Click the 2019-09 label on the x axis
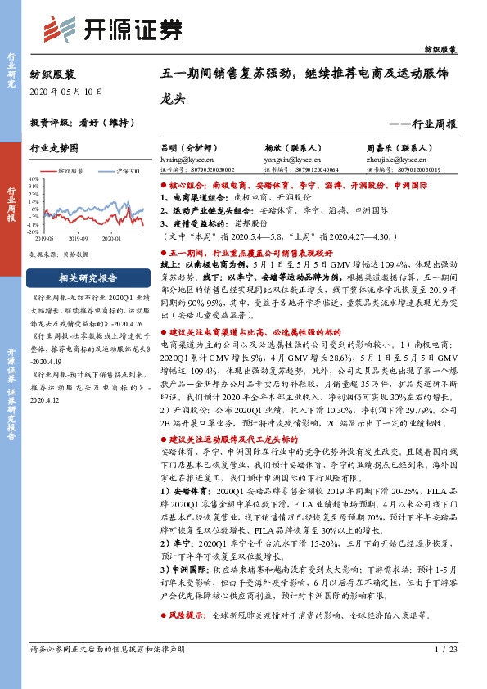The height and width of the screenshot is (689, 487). click(x=79, y=238)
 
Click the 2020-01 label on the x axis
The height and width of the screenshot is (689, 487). click(x=111, y=238)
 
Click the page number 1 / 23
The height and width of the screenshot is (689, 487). click(x=443, y=650)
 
